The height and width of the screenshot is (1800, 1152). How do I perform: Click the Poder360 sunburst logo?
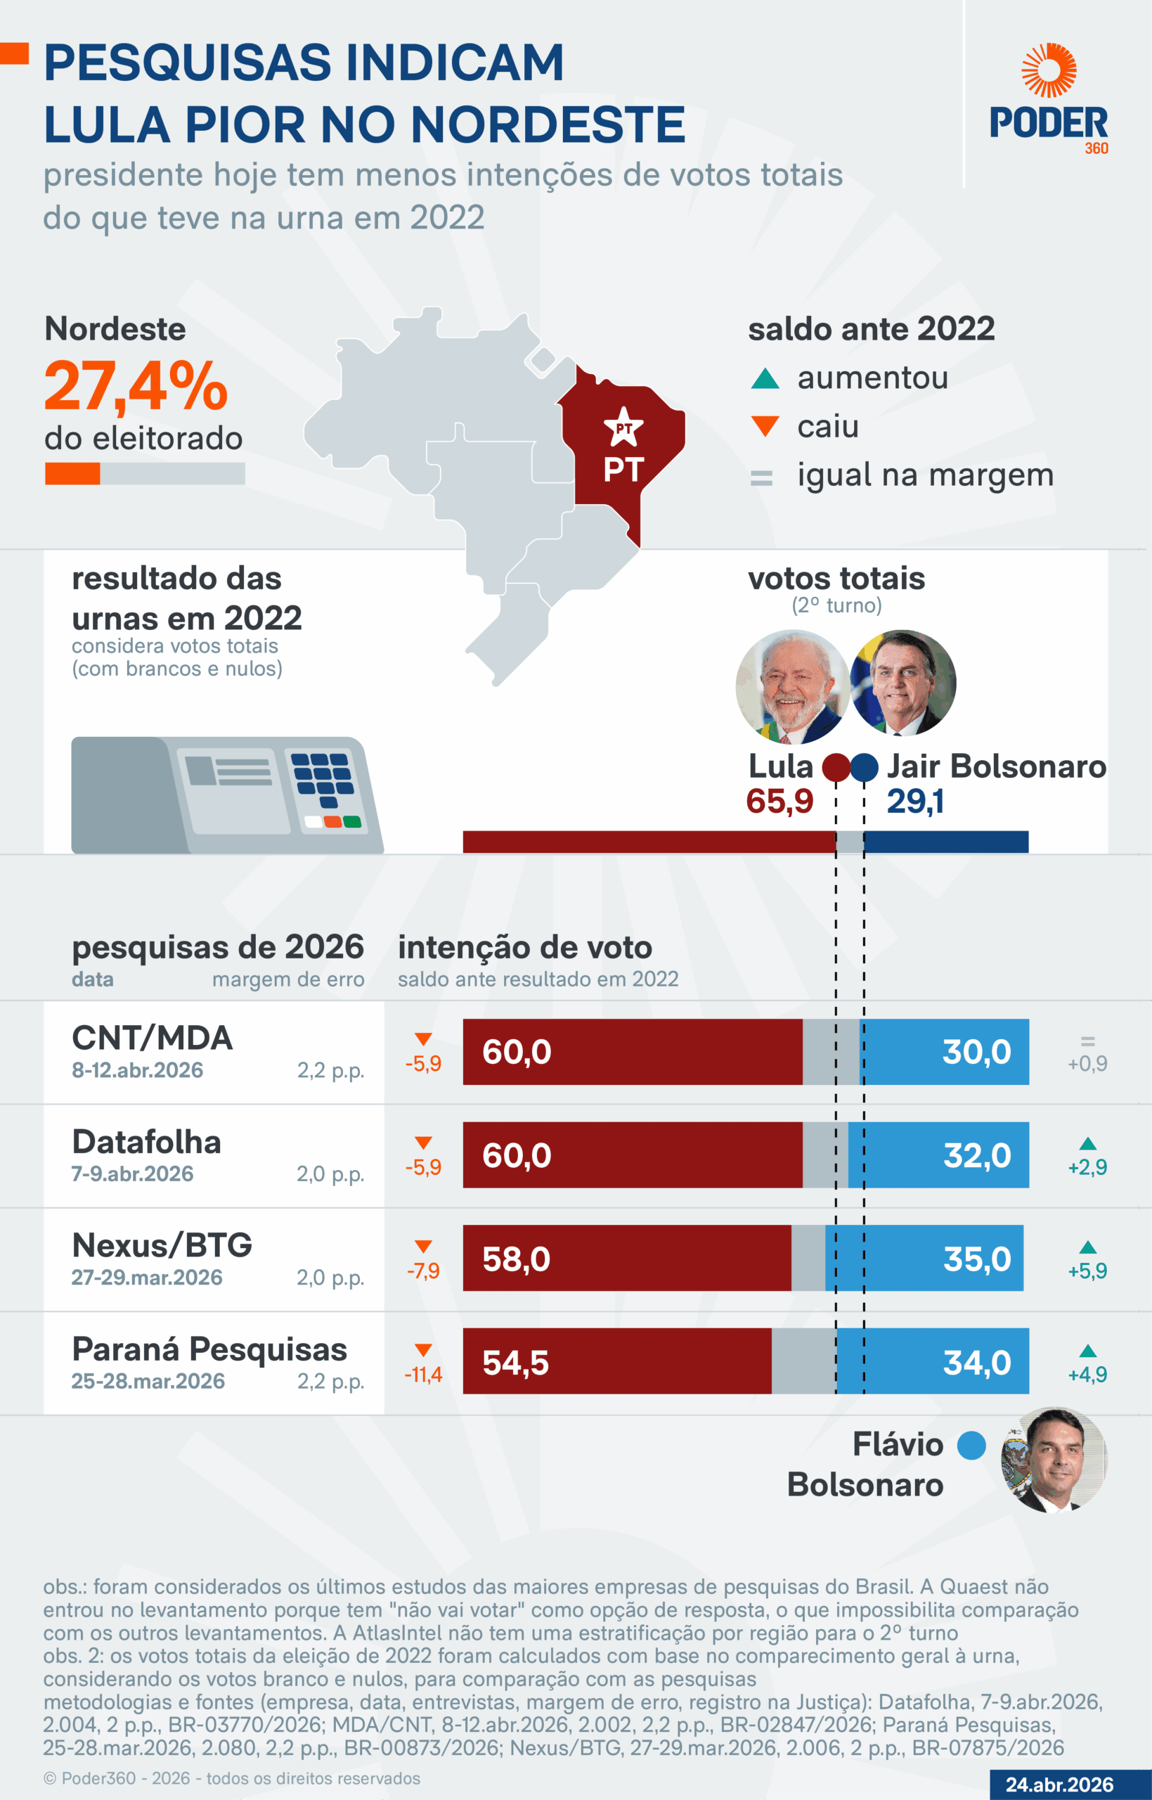(x=1049, y=70)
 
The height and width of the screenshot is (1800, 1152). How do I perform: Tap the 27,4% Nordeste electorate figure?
(x=136, y=387)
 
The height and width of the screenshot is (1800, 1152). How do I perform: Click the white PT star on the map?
(x=623, y=427)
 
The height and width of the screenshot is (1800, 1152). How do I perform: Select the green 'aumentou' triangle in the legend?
(x=765, y=379)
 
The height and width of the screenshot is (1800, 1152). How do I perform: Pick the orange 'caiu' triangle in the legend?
(x=765, y=425)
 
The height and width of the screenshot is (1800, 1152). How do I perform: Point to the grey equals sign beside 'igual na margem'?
(x=761, y=477)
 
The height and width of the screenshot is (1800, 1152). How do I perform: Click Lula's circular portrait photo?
(x=792, y=686)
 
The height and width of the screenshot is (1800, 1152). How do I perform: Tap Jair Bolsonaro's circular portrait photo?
(x=904, y=682)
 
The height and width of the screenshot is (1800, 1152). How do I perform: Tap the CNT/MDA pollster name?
(x=153, y=1038)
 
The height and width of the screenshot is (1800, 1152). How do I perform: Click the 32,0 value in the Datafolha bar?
(x=977, y=1155)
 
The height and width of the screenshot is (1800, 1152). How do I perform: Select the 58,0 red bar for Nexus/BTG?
(x=627, y=1259)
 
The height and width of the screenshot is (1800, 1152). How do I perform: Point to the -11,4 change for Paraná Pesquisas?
(x=423, y=1374)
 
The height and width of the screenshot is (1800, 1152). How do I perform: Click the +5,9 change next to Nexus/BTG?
(x=1087, y=1271)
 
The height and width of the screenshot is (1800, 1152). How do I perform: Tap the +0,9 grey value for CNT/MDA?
(x=1087, y=1063)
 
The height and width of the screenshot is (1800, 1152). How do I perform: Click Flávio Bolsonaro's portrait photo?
(x=1054, y=1460)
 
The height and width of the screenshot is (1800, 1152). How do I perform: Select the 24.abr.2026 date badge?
(x=1059, y=1785)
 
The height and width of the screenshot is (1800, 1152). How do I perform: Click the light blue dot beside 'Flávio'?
(x=971, y=1445)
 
